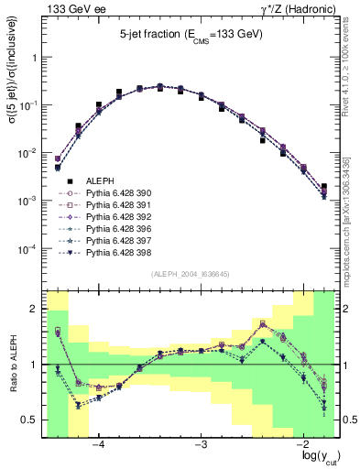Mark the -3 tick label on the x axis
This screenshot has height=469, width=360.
(202, 443)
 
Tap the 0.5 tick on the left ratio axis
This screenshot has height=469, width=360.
(29, 420)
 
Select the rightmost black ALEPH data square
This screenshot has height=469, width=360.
(324, 187)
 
